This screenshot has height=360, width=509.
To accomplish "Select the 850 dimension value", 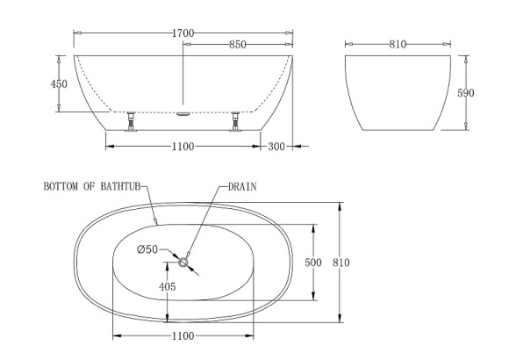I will pyautogui.click(x=237, y=44).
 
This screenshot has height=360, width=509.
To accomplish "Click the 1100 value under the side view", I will pyautogui.click(x=182, y=146).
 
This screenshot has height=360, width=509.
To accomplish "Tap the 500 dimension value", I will pyautogui.click(x=313, y=263).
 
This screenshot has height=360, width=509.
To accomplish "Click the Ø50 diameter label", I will pyautogui.click(x=147, y=250).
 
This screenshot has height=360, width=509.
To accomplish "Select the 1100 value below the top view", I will pyautogui.click(x=182, y=335).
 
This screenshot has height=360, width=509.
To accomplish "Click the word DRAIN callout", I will pyautogui.click(x=242, y=187).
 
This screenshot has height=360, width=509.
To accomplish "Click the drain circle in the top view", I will pyautogui.click(x=183, y=261).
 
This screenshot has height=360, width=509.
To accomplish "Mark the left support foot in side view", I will pyautogui.click(x=131, y=120).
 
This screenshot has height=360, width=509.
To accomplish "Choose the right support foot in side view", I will pyautogui.click(x=235, y=120).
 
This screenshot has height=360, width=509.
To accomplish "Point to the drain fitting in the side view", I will pyautogui.click(x=183, y=112).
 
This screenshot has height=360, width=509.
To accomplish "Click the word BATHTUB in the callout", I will pyautogui.click(x=121, y=187).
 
